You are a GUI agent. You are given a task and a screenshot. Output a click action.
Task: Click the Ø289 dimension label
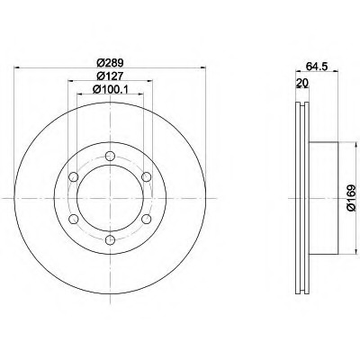110,63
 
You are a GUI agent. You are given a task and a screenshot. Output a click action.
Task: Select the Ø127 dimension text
110,76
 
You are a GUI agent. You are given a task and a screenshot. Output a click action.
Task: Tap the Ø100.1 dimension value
110,89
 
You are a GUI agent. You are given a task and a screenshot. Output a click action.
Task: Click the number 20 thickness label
302,83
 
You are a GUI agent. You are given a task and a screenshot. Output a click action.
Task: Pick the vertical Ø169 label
351,198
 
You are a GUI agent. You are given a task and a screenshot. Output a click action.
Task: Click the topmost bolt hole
111,156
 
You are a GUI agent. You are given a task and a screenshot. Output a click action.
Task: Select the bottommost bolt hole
111,240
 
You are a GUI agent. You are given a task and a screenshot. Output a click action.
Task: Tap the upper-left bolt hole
74,177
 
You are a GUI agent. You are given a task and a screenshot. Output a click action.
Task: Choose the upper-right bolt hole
147,177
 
